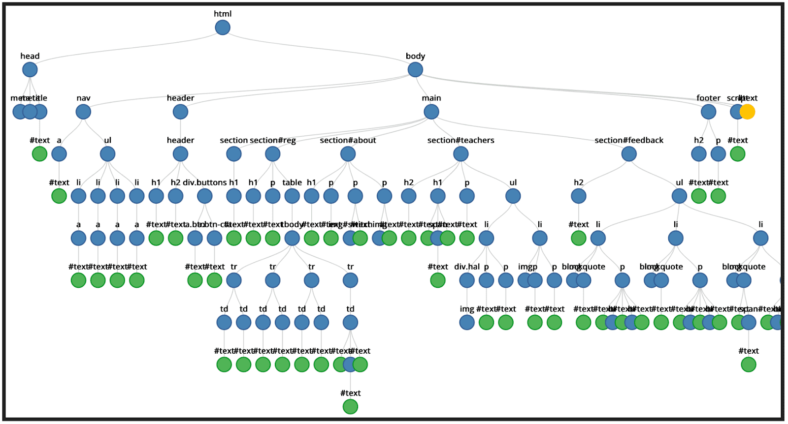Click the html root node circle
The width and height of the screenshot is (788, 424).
[223, 28]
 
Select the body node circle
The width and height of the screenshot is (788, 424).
[415, 69]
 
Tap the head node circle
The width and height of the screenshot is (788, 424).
[30, 69]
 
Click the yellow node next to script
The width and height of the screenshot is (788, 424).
[747, 112]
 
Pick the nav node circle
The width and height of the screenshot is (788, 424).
[83, 112]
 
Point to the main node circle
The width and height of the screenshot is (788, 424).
[431, 112]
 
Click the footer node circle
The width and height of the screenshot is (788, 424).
[708, 112]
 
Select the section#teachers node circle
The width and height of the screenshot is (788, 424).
[460, 154]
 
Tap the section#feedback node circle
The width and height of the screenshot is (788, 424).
[629, 154]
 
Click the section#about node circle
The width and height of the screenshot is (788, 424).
[348, 154]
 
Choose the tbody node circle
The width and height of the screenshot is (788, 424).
[292, 238]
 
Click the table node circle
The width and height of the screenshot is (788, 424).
[292, 196]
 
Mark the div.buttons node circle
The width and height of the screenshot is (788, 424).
[204, 196]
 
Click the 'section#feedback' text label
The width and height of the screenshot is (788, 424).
[629, 140]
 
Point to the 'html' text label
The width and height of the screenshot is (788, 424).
[223, 14]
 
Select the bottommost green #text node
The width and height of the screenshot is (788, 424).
[350, 407]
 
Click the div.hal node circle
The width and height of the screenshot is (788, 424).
[467, 280]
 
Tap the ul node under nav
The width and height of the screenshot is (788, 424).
[107, 154]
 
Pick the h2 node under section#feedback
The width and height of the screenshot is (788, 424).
[579, 196]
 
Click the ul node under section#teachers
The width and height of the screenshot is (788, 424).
[513, 196]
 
